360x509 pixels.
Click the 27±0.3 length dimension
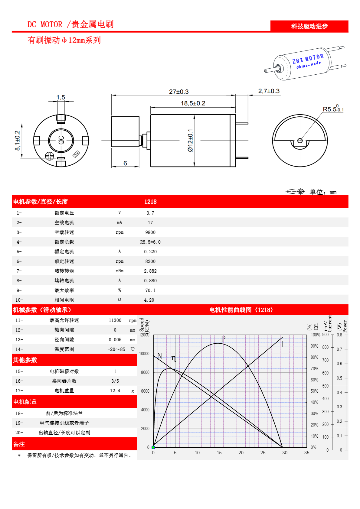[179, 92]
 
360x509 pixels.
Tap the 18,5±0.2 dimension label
[193, 103]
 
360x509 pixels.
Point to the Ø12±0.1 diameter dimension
[190, 140]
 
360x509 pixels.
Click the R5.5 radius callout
[333, 109]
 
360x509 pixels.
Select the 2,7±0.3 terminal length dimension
[269, 91]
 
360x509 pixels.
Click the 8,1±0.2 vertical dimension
[17, 141]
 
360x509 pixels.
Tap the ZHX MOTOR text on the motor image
[308, 59]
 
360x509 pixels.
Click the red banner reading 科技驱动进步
[309, 26]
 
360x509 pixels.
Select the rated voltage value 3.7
[150, 213]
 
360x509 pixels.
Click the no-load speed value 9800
[150, 232]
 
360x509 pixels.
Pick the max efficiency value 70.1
[150, 290]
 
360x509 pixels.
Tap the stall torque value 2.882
[150, 271]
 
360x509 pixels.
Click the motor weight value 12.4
[115, 391]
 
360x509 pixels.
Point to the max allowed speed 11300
[115, 320]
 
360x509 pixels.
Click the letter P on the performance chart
[223, 339]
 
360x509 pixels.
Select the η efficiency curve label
[174, 358]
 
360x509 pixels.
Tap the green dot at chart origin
[153, 447]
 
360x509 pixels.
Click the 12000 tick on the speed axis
[144, 335]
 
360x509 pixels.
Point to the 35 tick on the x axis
[307, 453]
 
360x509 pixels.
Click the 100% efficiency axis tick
[315, 335]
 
